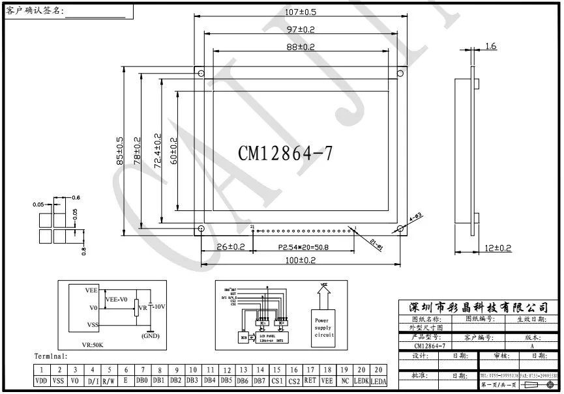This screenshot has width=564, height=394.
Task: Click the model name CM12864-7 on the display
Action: [x=285, y=154]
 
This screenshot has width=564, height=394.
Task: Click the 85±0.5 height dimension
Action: [x=119, y=152]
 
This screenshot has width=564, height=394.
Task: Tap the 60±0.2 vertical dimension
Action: [x=173, y=152]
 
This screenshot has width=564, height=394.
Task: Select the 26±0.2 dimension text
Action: [x=230, y=247]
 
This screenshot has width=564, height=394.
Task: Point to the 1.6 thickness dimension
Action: [x=491, y=46]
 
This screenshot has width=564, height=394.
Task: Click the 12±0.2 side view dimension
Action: [x=497, y=247]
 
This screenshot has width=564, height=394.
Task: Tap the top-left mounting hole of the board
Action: [x=201, y=73]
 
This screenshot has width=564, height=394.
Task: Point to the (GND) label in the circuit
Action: [x=151, y=336]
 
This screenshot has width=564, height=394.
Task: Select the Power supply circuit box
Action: [x=324, y=327]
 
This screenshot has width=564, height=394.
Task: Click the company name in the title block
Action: [x=479, y=307]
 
